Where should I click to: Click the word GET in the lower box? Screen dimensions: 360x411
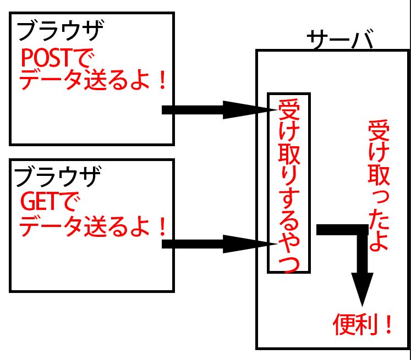pyautogui.click(x=39, y=203)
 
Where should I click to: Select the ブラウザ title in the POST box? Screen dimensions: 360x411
pyautogui.click(x=60, y=31)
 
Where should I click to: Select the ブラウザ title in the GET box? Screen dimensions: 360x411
pyautogui.click(x=57, y=177)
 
